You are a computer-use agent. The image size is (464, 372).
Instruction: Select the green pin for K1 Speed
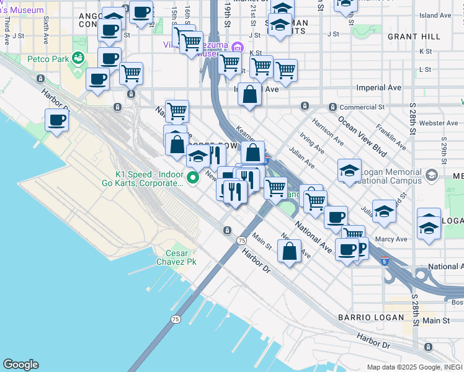[x=193, y=178]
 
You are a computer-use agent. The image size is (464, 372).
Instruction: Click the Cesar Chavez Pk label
[x=181, y=257]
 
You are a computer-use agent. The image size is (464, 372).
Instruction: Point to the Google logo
[x=20, y=365]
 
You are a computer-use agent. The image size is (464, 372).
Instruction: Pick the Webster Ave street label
[x=438, y=123]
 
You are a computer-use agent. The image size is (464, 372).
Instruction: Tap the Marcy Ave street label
[x=390, y=239]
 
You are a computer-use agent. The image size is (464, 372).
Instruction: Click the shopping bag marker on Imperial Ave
[x=249, y=95]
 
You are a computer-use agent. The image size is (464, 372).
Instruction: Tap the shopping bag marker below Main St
[x=289, y=251]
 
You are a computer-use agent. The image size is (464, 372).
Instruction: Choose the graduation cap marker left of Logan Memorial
[x=349, y=170]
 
